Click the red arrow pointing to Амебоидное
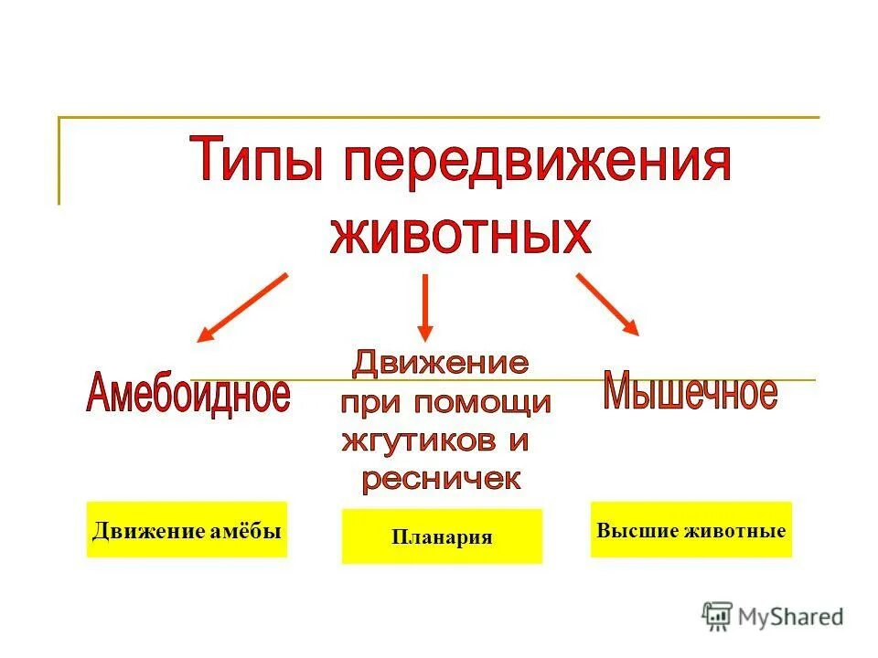(242, 307)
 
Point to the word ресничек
(440, 479)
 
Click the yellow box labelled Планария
(442, 536)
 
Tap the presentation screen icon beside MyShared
(718, 617)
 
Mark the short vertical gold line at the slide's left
(59, 161)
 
